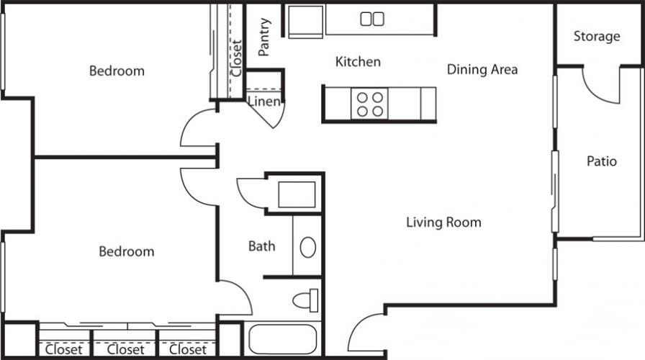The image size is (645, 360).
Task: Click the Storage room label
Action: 597,36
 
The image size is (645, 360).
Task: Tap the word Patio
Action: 601,161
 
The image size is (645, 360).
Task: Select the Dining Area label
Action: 482,69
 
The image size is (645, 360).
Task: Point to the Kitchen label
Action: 358,61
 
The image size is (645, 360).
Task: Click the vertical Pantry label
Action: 263,37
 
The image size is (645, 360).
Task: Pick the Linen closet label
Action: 263,102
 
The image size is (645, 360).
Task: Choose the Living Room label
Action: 443,222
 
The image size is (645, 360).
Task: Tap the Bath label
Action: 261,246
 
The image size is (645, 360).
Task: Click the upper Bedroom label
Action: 117,71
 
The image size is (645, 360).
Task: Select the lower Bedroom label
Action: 127,251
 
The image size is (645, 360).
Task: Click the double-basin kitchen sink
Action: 372,19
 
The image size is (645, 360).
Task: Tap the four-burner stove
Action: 369,104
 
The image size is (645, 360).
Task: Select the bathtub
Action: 283,339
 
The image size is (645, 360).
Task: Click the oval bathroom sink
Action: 307,247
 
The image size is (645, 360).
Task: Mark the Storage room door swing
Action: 601,85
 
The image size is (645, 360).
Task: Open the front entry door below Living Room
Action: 366,333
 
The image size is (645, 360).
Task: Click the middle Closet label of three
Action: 125,350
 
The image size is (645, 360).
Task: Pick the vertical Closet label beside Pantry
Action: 236,58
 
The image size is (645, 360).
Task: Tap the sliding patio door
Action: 555,192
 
